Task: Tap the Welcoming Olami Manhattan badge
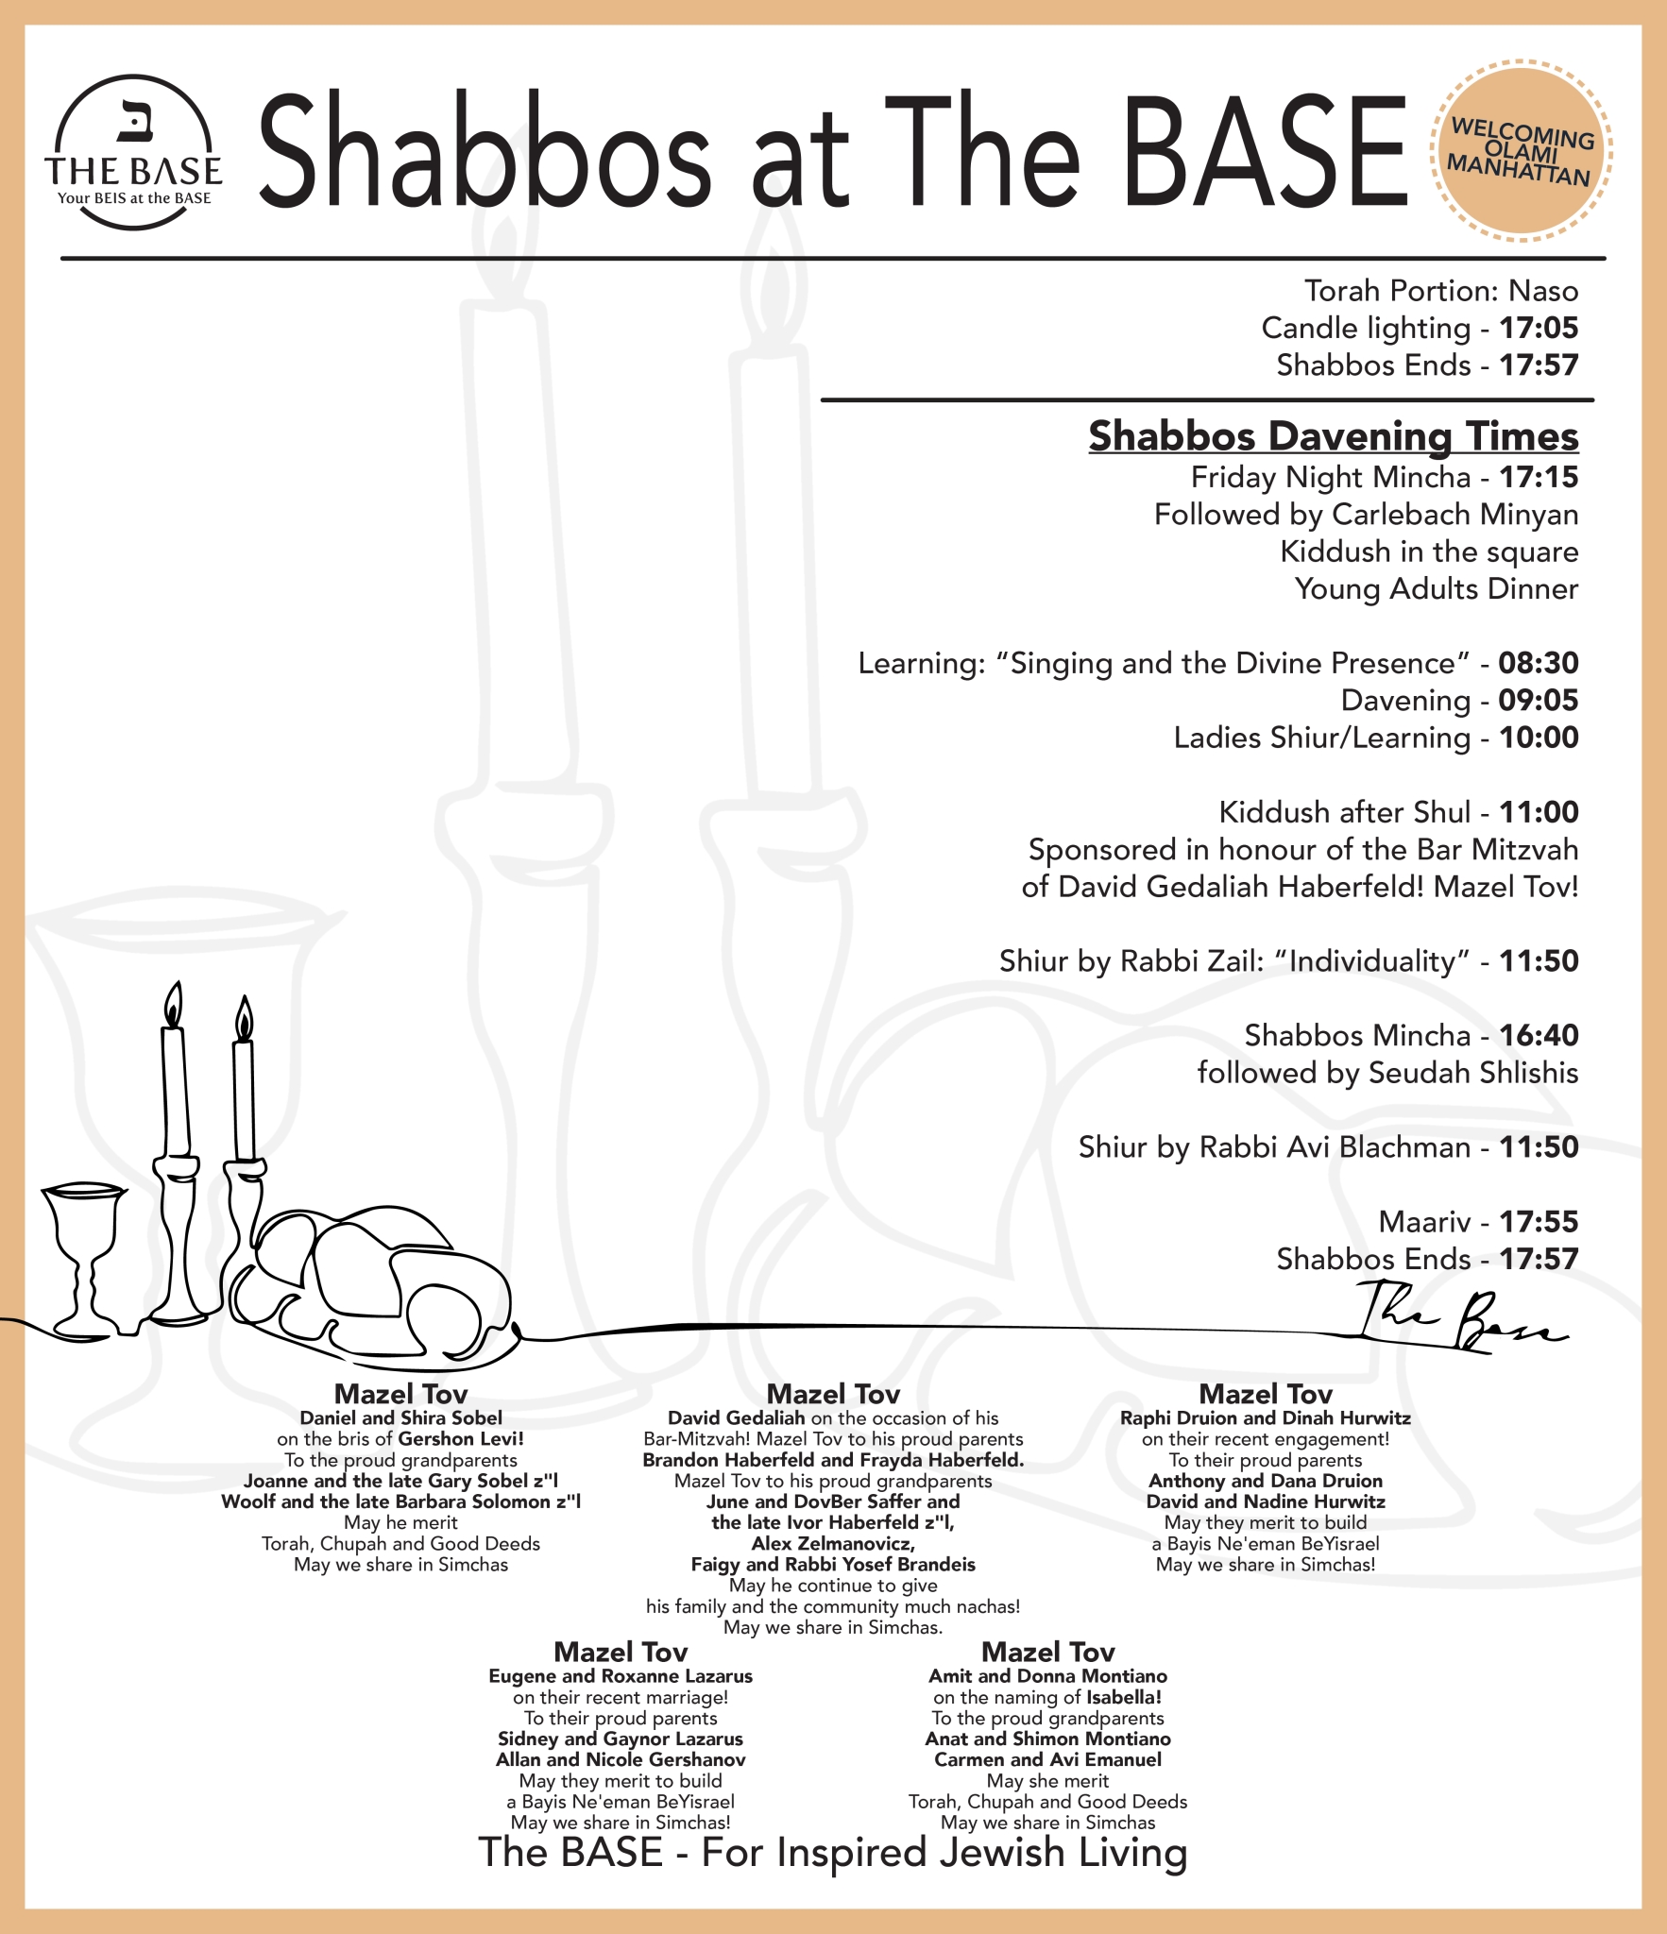coord(1521,151)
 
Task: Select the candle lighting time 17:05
coord(1539,328)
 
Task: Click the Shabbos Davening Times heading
coord(1333,436)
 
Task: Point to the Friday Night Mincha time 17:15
coord(1539,477)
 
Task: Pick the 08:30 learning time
coord(1538,663)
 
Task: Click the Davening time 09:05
coord(1539,700)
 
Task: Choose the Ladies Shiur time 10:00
coord(1539,738)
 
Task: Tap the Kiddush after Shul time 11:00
coord(1539,812)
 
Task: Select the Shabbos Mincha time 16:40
coord(1539,1035)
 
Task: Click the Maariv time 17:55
coord(1539,1221)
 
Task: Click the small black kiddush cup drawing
coord(84,1256)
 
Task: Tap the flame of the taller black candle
coord(173,1006)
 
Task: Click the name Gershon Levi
coord(460,1439)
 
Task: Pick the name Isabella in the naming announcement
coord(1123,1697)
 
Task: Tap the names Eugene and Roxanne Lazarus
coord(621,1676)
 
